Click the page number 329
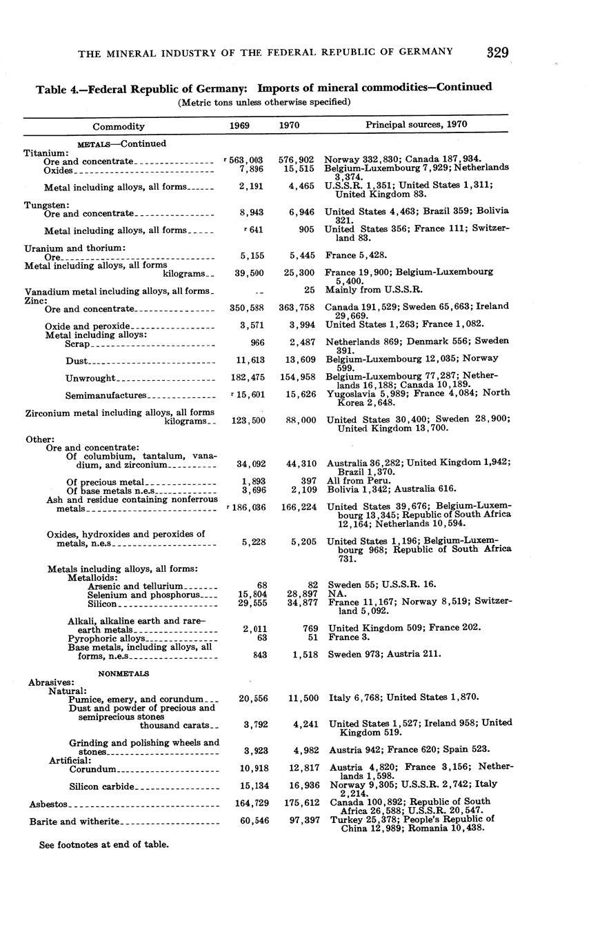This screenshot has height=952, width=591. coord(497,52)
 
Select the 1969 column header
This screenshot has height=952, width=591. coord(239,126)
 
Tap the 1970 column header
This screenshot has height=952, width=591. coord(289,126)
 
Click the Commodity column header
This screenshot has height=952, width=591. coord(119,127)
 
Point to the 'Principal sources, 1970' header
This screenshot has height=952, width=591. coord(416,125)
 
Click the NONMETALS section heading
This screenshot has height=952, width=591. coord(124,673)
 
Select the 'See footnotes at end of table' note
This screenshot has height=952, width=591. coord(104,844)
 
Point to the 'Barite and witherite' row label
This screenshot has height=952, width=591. coord(74,822)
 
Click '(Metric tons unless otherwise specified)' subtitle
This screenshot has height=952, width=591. coord(264,102)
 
